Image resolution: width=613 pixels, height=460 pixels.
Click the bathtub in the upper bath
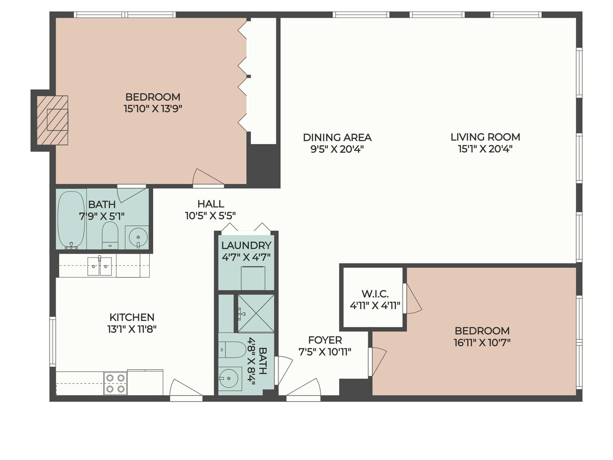[71, 220]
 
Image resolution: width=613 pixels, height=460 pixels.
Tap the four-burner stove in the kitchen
[115, 383]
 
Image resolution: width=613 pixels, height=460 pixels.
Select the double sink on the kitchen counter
[100, 266]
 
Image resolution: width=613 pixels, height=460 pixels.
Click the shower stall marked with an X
[255, 314]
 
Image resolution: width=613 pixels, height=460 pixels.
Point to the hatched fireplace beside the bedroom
[52, 121]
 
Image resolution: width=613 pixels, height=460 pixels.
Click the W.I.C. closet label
[375, 294]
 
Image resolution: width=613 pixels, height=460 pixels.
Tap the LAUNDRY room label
[246, 245]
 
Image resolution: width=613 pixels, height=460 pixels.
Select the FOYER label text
[325, 340]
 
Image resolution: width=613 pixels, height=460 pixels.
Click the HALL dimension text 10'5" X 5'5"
[210, 216]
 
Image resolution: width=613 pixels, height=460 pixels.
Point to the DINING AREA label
[337, 137]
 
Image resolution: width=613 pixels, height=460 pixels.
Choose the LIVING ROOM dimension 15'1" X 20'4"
[485, 149]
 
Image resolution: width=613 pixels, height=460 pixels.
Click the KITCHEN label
[132, 317]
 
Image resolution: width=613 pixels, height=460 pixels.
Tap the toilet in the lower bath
[232, 350]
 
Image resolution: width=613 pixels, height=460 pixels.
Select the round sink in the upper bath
[138, 237]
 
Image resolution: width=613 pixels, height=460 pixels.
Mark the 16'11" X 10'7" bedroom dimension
[482, 342]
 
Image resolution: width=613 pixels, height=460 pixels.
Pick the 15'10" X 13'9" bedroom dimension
[153, 108]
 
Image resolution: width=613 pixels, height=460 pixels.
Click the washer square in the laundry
[253, 278]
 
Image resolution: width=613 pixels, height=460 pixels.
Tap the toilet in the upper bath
[110, 235]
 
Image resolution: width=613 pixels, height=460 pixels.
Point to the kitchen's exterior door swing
[186, 387]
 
